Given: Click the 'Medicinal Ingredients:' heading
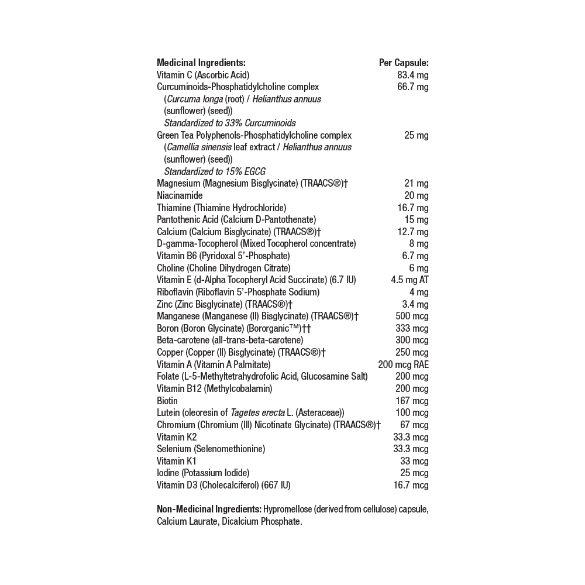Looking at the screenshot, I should pyautogui.click(x=201, y=63).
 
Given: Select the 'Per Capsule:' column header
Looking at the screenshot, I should pyautogui.click(x=404, y=63).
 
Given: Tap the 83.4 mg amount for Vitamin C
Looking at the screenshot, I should pyautogui.click(x=412, y=75).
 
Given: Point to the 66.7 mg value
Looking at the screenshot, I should pyautogui.click(x=412, y=87).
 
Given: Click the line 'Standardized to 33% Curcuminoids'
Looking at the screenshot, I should pyautogui.click(x=229, y=123).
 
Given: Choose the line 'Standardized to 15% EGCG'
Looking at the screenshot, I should pyautogui.click(x=214, y=171).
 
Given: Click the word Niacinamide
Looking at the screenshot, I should pyautogui.click(x=180, y=195).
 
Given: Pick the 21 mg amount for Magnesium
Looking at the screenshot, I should pyautogui.click(x=416, y=184).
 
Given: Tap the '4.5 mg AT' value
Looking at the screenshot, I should pyautogui.click(x=409, y=280).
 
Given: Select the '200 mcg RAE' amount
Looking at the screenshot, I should pyautogui.click(x=403, y=364).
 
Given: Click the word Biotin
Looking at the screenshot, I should pyautogui.click(x=167, y=401).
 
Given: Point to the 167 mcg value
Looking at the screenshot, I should pyautogui.click(x=412, y=401).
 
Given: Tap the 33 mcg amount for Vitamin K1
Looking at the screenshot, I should pyautogui.click(x=414, y=461).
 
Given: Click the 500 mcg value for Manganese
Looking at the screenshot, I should pyautogui.click(x=412, y=316).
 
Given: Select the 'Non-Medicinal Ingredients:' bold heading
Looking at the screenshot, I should pyautogui.click(x=209, y=509).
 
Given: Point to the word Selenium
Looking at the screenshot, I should pyautogui.click(x=174, y=449).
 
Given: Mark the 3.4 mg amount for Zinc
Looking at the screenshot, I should pyautogui.click(x=415, y=304).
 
